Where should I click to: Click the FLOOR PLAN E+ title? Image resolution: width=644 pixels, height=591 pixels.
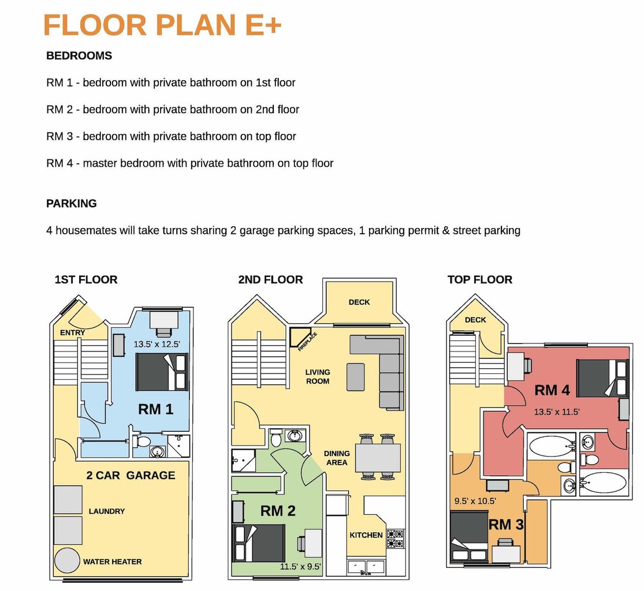click(162, 25)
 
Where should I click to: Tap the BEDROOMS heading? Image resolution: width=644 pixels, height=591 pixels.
click(79, 56)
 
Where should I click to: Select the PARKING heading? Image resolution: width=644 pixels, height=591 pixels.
click(72, 204)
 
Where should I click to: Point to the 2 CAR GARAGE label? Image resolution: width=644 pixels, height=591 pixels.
click(131, 475)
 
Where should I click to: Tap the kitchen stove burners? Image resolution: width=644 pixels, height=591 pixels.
click(395, 538)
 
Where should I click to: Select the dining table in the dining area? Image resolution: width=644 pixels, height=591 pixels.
click(378, 458)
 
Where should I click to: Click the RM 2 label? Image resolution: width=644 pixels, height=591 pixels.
click(278, 511)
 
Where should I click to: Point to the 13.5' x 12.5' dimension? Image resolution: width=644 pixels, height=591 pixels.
click(157, 345)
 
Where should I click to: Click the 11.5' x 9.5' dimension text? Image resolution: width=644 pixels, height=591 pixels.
click(300, 567)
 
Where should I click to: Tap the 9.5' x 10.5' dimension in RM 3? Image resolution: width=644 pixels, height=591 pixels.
click(475, 501)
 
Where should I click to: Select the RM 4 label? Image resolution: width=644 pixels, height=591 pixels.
click(552, 390)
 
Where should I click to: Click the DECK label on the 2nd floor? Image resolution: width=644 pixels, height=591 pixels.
click(359, 302)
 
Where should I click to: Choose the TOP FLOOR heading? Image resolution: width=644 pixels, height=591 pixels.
click(480, 280)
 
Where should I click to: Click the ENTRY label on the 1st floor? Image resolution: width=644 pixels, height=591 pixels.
click(72, 333)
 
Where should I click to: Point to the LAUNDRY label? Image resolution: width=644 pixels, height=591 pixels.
click(107, 511)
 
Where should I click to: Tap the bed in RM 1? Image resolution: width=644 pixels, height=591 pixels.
click(162, 372)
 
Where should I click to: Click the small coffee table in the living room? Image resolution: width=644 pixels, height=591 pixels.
click(356, 377)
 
